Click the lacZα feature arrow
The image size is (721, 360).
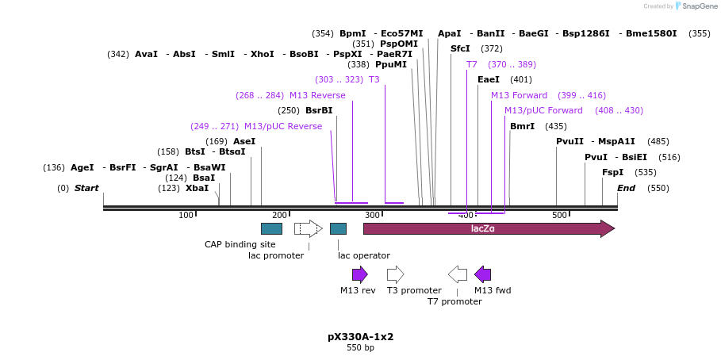click(x=488, y=228)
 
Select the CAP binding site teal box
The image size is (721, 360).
click(x=271, y=228)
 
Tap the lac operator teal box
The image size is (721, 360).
click(x=338, y=228)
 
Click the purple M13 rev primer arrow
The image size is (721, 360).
click(x=360, y=274)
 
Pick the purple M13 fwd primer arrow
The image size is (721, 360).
click(x=482, y=274)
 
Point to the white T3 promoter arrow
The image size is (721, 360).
click(x=395, y=274)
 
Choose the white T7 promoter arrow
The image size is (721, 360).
click(x=458, y=274)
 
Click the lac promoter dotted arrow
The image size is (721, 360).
click(x=308, y=228)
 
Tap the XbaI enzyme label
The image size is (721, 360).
click(x=197, y=188)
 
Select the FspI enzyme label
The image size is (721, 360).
click(x=612, y=172)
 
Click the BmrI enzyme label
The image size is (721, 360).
click(x=522, y=126)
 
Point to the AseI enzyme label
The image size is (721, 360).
click(x=244, y=141)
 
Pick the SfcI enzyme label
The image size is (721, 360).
click(x=460, y=48)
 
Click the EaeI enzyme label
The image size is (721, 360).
click(x=489, y=79)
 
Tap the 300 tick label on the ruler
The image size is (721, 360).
click(x=372, y=215)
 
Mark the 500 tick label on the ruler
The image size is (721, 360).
click(x=559, y=215)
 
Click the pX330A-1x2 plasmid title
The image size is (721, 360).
click(x=360, y=336)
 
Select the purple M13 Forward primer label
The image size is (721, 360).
click(x=519, y=95)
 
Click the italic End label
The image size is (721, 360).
click(x=626, y=188)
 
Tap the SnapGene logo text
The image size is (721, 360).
click(x=700, y=6)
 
